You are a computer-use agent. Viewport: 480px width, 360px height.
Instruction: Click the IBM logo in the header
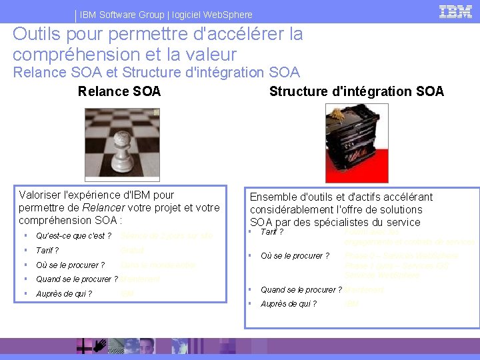tap(456, 11)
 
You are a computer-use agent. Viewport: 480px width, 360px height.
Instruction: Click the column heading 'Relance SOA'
tap(119, 91)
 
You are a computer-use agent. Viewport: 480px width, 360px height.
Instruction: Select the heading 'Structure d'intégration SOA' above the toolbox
tap(356, 91)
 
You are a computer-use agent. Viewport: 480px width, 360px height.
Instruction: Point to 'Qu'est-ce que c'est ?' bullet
tap(73, 236)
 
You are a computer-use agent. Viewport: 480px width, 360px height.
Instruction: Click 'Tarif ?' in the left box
tap(47, 251)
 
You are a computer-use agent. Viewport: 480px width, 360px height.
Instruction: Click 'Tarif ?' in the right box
tap(272, 232)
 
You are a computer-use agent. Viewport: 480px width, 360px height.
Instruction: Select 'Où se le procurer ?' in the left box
tap(70, 265)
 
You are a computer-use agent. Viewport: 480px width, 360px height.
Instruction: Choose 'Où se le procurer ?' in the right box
tap(295, 256)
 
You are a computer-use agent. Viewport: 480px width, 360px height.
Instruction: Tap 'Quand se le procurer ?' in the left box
tap(77, 279)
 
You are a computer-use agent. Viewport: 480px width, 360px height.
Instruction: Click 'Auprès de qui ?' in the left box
tap(64, 294)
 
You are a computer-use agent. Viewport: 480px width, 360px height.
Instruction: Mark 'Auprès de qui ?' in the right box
tap(289, 304)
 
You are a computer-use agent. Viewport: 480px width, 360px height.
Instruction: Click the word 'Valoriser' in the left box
tap(42, 195)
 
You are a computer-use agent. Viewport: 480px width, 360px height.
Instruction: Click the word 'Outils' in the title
tap(33, 33)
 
